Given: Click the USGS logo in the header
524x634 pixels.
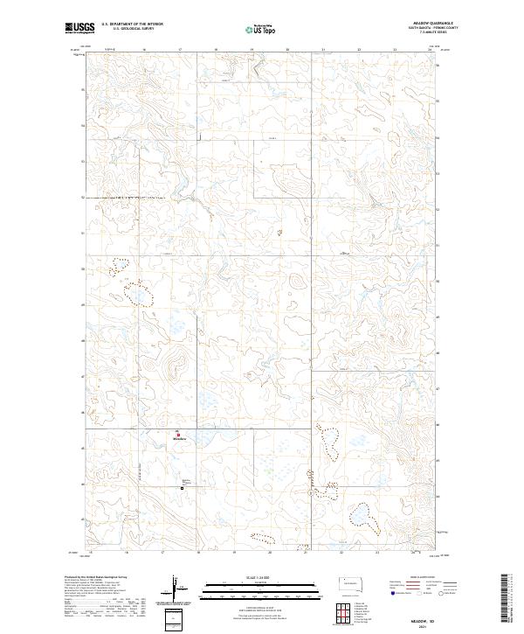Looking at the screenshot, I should [80, 29].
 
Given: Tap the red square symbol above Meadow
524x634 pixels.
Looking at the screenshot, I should [179, 434].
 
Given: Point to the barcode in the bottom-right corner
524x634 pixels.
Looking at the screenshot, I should [504, 596].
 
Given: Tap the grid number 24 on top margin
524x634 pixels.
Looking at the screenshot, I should [430, 51].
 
